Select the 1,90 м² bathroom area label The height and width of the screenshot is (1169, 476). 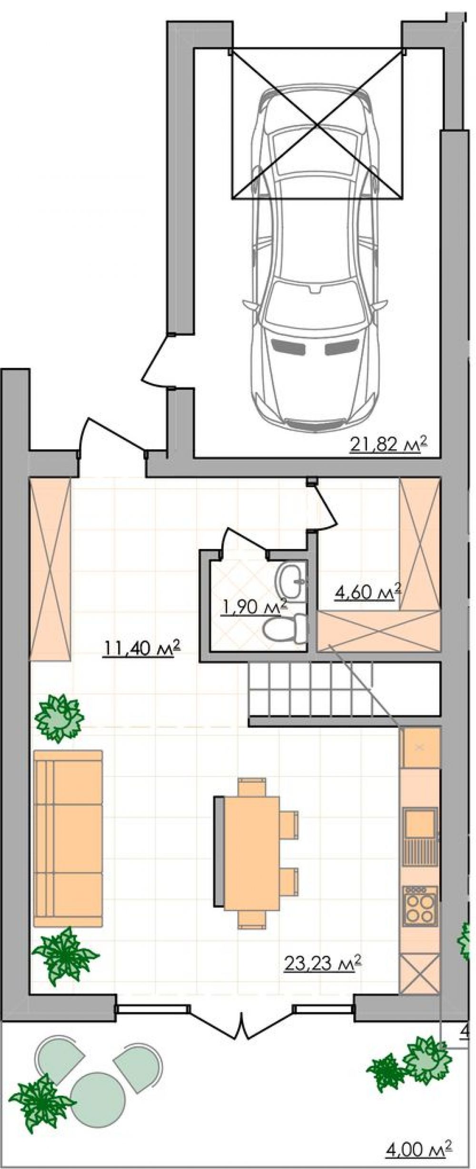pyautogui.click(x=255, y=606)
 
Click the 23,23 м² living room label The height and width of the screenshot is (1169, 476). pyautogui.click(x=323, y=962)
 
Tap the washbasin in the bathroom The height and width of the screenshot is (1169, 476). pyautogui.click(x=290, y=580)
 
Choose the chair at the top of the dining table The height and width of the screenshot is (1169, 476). pyautogui.click(x=252, y=787)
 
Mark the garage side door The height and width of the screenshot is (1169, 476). pyautogui.click(x=158, y=362)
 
